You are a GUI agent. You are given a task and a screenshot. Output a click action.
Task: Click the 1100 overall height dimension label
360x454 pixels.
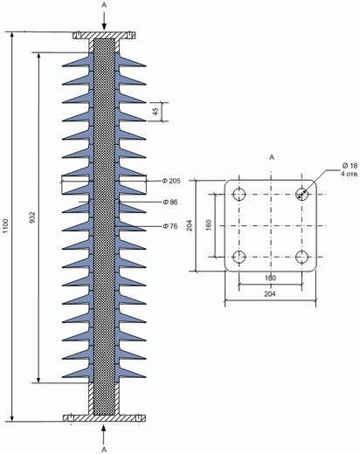point(6,226)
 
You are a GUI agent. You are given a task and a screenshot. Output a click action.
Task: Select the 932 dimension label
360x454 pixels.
point(32,217)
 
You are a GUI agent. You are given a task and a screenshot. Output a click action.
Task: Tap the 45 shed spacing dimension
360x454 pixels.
point(156,111)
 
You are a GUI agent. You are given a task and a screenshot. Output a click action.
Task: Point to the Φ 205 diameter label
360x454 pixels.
point(171,181)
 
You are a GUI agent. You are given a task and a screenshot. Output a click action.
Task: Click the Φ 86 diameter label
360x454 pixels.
point(170,202)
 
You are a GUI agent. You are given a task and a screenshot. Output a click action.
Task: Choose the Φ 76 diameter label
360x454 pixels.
point(170,226)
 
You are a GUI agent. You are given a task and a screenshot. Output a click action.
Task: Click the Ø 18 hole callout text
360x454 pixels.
point(350,166)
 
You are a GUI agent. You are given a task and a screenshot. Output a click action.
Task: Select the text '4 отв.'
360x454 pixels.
point(350,174)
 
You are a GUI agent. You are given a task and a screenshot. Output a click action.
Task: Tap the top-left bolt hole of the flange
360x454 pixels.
point(239,194)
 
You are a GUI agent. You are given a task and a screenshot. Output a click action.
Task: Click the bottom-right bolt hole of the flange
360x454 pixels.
point(302,257)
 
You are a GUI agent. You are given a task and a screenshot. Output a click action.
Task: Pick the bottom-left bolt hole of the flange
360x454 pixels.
point(239,257)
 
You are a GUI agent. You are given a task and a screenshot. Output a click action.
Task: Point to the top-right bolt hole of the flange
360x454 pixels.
point(302,194)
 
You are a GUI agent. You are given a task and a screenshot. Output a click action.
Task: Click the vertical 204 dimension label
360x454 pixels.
point(190,225)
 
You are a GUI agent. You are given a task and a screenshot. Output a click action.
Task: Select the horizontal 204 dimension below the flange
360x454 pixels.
point(270,294)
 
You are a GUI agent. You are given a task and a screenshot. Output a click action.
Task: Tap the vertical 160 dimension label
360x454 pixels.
point(209,225)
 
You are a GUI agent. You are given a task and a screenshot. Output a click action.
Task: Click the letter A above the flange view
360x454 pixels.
point(272,157)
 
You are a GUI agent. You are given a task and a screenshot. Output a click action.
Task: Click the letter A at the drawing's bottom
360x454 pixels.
point(104,450)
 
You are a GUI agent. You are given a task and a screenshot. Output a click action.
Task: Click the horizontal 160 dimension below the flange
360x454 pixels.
point(270,278)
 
